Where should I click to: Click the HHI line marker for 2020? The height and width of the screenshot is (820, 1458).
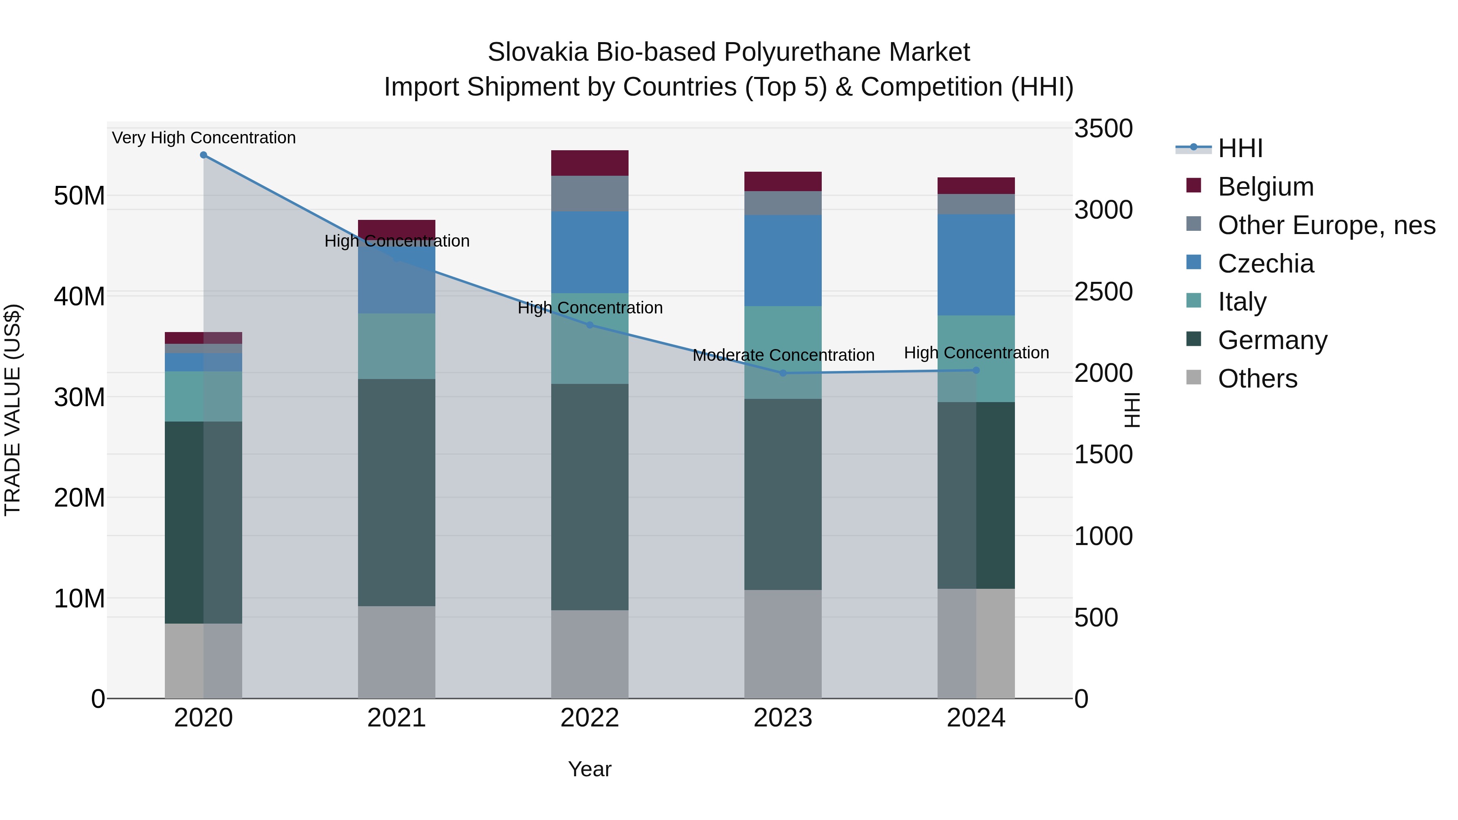coord(203,155)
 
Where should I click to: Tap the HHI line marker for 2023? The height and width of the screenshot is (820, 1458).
coord(783,373)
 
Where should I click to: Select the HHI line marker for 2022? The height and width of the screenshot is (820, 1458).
coord(589,325)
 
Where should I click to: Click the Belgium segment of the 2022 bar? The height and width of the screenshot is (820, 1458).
coord(589,163)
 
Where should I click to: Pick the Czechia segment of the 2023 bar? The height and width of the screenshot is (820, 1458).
coord(783,260)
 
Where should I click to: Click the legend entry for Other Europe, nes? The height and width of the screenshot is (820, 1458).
coord(1326,225)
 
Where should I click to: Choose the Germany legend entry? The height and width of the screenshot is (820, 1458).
coord(1273,340)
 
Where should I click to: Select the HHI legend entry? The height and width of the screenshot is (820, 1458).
coord(1240,148)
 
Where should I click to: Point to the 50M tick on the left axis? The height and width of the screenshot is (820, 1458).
coord(79,196)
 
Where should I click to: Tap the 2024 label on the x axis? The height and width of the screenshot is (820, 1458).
coord(976,718)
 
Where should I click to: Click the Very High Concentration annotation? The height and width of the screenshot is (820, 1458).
coord(204,138)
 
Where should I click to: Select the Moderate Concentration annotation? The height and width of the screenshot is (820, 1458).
coord(783,356)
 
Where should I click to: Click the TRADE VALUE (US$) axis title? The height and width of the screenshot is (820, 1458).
coord(13,410)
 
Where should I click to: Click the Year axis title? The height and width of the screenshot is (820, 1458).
coord(589,769)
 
